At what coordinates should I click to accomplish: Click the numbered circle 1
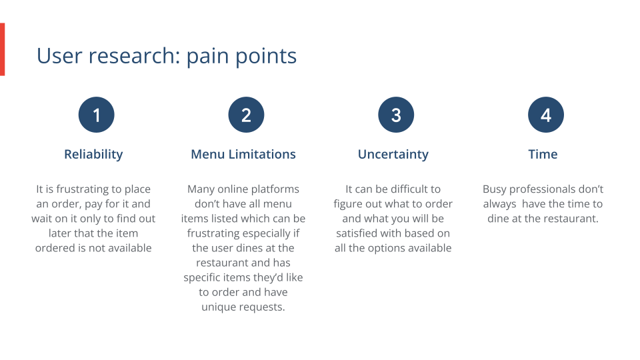97,115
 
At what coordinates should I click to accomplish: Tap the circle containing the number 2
246,115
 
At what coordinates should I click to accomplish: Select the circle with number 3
396,115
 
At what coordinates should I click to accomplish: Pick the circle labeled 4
545,115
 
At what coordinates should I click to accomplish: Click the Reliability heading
93,154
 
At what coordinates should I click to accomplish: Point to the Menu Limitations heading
243,154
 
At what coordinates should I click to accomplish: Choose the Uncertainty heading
393,154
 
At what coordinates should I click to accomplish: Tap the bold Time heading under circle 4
543,154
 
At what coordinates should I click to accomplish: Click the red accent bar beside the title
2,49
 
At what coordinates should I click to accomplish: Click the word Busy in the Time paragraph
495,189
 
